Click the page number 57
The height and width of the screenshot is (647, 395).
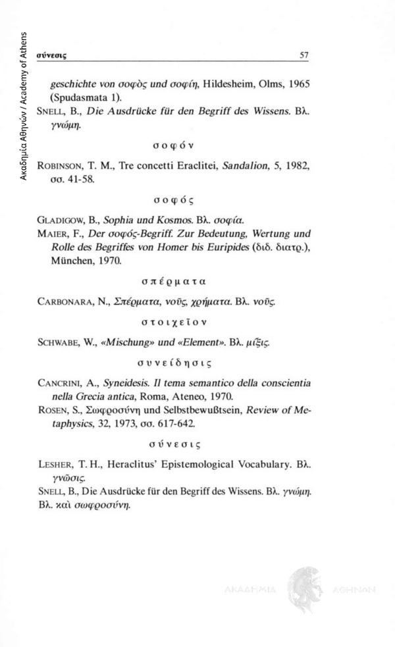pyautogui.click(x=304, y=56)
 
